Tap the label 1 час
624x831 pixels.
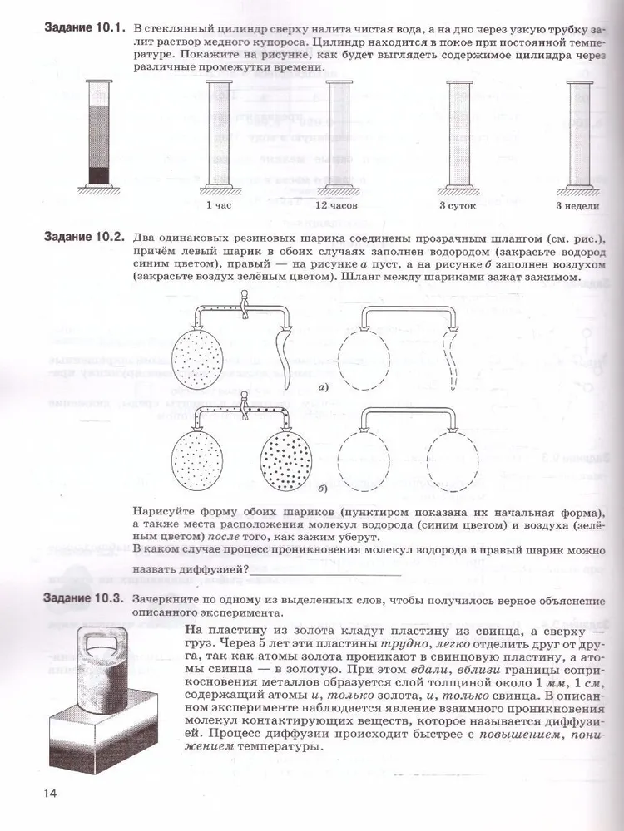click(219, 204)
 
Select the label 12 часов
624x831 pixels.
click(335, 204)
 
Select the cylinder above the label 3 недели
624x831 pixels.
click(577, 133)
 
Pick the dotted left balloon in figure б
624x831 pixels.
click(199, 462)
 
